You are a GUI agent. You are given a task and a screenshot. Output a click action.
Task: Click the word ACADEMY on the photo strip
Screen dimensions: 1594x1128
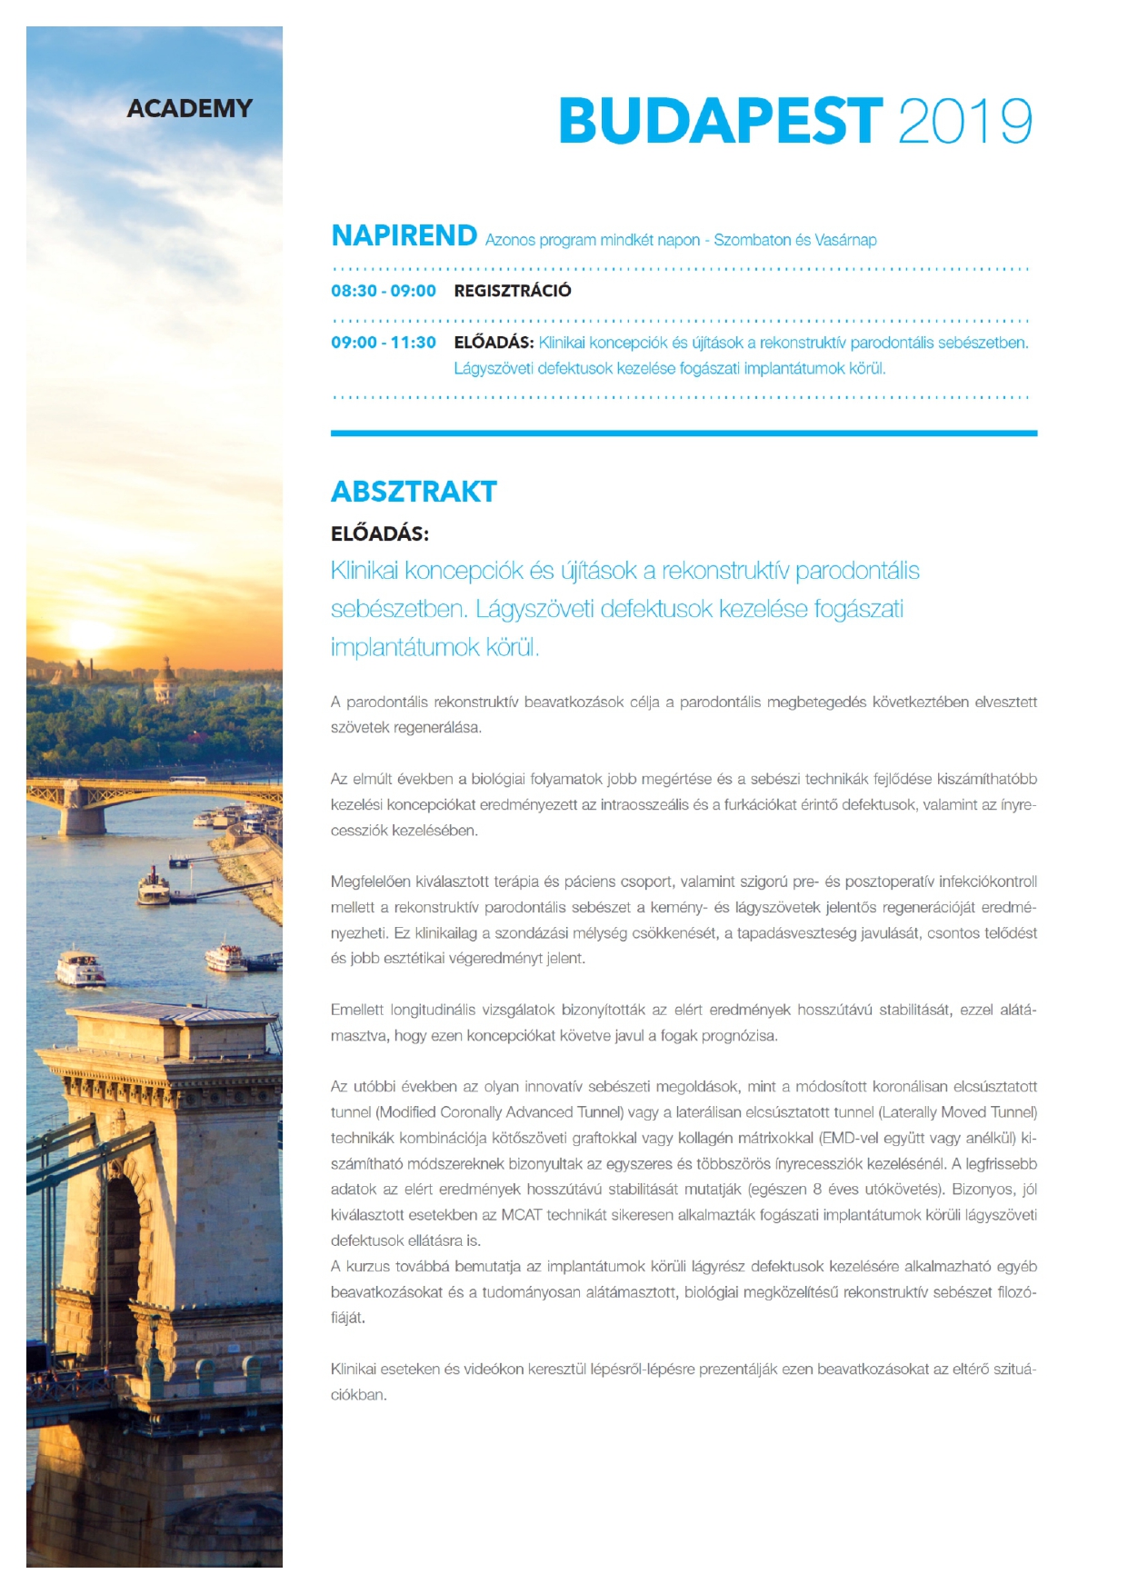coord(189,108)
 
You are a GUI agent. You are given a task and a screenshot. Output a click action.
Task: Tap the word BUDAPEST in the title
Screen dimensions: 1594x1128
coord(720,121)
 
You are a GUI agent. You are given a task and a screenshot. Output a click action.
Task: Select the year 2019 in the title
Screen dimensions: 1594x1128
coord(964,121)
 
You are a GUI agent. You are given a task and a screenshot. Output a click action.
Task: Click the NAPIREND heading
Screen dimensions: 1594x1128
coord(404,235)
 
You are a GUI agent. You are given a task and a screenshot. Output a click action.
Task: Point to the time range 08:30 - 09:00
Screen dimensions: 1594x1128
coord(383,291)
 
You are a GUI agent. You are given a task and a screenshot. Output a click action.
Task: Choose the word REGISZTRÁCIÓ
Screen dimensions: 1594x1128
coord(513,291)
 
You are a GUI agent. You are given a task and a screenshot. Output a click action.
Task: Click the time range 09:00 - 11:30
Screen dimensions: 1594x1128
coord(383,343)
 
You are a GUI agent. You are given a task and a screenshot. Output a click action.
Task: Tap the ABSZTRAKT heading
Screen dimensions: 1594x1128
coord(414,492)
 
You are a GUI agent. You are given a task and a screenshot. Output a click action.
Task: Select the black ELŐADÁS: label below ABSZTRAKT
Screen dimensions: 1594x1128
coord(379,533)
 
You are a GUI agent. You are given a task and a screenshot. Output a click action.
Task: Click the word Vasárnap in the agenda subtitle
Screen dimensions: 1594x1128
coord(845,240)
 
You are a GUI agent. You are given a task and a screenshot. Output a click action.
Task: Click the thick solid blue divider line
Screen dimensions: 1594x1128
coord(684,433)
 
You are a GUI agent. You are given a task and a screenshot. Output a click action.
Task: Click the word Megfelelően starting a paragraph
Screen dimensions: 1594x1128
coord(370,882)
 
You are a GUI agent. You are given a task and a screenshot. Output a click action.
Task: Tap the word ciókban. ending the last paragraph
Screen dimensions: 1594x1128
coord(358,1395)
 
